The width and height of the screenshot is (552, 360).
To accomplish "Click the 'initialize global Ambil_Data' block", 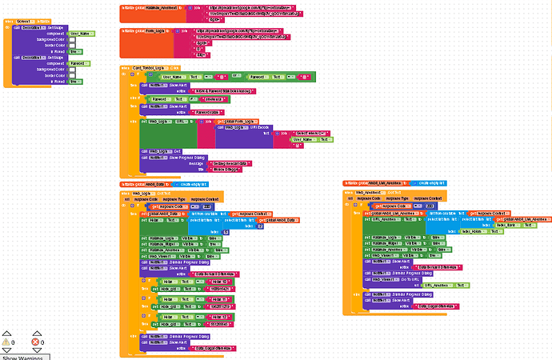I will click(144, 185).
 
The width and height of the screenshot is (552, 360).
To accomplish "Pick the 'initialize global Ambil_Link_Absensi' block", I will click(373, 183).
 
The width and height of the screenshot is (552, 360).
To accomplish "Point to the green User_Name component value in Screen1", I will click(79, 34).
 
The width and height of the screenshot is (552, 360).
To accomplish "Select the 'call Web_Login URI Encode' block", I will click(245, 127).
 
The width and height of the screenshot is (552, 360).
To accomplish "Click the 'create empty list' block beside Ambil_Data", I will click(197, 185).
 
